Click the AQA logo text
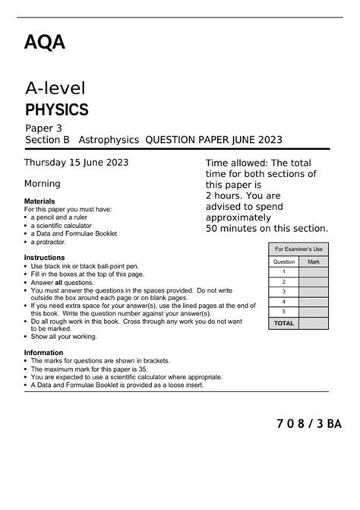tap(45, 43)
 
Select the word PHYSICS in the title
tap(57, 109)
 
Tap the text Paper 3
tap(45, 128)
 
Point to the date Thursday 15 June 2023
tap(76, 162)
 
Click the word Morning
tap(43, 183)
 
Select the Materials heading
tap(39, 201)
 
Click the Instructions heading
tap(43, 258)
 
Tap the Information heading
tap(43, 353)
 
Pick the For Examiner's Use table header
tap(298, 249)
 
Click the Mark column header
tap(314, 261)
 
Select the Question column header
tap(283, 261)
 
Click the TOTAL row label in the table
tap(283, 323)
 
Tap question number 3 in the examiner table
tap(283, 291)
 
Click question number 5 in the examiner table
tap(283, 311)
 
